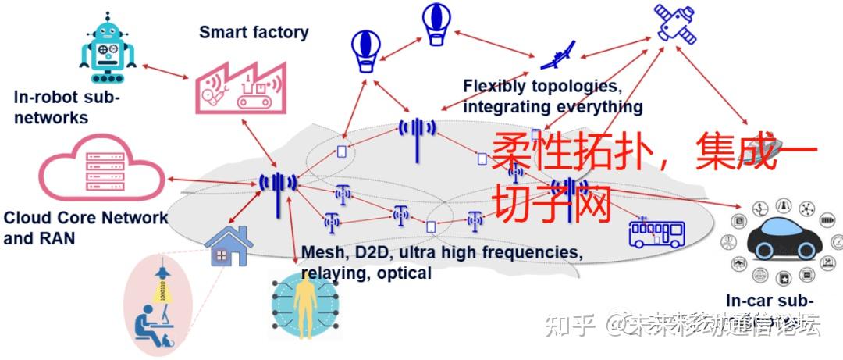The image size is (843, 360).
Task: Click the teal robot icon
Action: point(108,51)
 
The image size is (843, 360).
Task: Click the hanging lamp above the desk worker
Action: point(163,270)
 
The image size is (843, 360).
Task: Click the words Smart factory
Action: point(254,32)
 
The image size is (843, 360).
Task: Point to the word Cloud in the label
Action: point(24,217)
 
